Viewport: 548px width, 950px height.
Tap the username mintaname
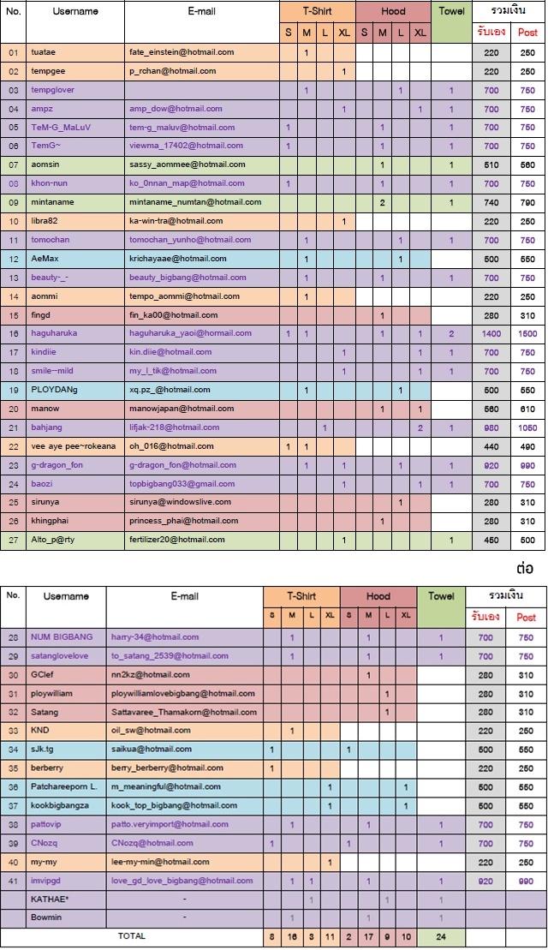click(x=52, y=202)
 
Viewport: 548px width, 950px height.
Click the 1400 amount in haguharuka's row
click(x=491, y=333)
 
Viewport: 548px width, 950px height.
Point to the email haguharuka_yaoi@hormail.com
click(x=191, y=333)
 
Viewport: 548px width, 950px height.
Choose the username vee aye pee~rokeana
click(x=73, y=446)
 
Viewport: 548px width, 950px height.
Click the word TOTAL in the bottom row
click(x=132, y=936)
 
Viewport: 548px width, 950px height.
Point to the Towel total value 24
click(x=441, y=937)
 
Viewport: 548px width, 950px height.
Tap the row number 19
click(x=13, y=390)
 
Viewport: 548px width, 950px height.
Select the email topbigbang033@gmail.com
click(x=180, y=483)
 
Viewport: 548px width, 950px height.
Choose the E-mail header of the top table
click(x=201, y=11)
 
